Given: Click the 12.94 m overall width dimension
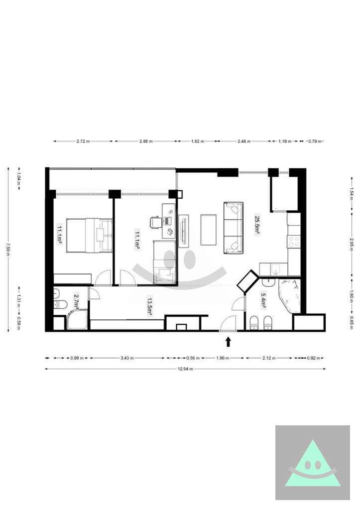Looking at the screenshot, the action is point(185,369).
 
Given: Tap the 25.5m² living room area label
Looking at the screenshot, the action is point(257,224).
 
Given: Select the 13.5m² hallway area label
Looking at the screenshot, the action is point(149,306).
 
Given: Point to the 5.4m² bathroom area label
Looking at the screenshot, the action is point(263,300).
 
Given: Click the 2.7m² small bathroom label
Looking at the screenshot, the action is point(76,301).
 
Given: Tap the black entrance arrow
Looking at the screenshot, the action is point(228,342).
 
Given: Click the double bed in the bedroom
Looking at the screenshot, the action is point(90,235).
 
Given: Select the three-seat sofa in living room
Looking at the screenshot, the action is point(234,228).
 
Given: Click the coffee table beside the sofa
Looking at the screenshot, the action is point(209,230).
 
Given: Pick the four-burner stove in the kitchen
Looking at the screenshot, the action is point(294,242).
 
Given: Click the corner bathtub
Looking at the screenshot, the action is point(289,295).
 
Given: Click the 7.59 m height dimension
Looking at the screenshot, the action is point(8,250).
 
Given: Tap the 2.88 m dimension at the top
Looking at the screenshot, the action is point(146,141).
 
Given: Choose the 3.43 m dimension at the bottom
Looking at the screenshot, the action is point(127,358).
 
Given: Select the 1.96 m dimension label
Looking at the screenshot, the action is point(223,358).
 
